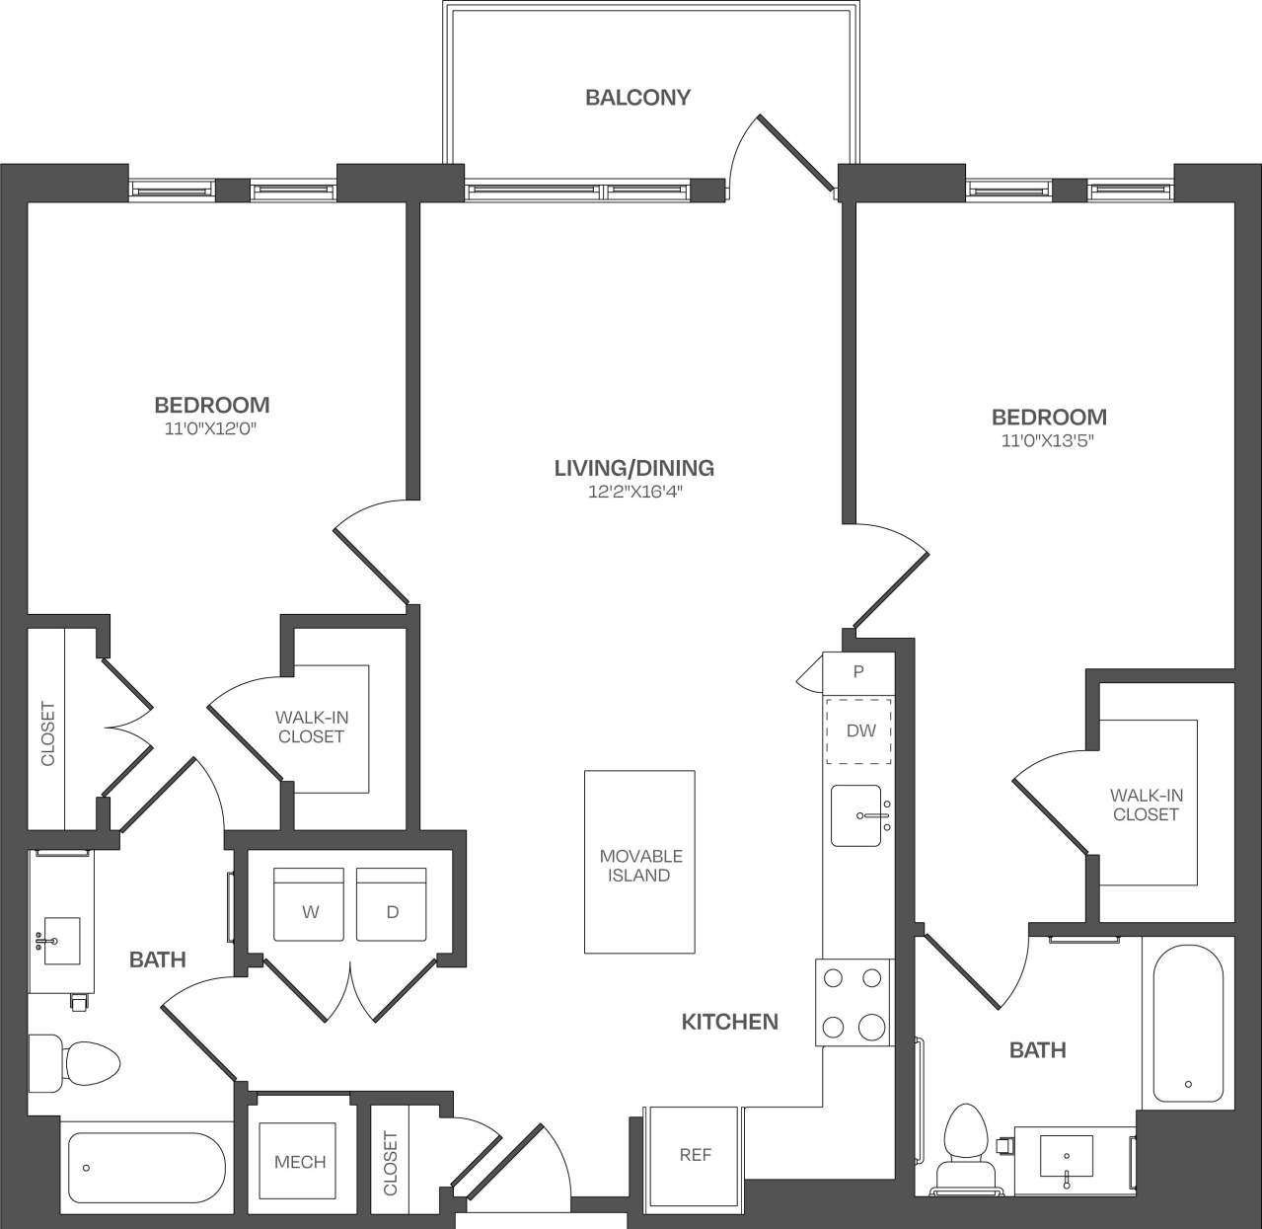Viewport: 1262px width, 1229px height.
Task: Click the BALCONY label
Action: pos(637,97)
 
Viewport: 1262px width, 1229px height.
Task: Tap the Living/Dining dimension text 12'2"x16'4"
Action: pos(633,492)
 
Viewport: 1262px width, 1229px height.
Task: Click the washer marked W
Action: pos(309,904)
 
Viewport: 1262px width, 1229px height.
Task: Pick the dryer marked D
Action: pos(392,904)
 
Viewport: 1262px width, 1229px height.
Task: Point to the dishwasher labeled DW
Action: pos(859,731)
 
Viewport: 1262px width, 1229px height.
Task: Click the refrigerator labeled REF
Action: pos(695,1154)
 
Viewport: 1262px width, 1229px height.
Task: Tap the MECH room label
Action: pos(300,1162)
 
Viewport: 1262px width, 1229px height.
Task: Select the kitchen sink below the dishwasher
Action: pos(856,815)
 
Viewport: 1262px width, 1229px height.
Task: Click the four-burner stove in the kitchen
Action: pos(854,1002)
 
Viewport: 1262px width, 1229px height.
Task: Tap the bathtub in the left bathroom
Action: pos(147,1168)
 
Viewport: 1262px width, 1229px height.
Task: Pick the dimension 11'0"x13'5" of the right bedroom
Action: pos(1048,441)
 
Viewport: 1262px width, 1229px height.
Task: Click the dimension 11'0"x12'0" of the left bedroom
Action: pos(211,428)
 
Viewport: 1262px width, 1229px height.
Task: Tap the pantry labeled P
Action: pos(858,671)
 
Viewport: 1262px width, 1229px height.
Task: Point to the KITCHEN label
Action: pos(729,1022)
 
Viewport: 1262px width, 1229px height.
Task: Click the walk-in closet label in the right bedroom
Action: pos(1145,805)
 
